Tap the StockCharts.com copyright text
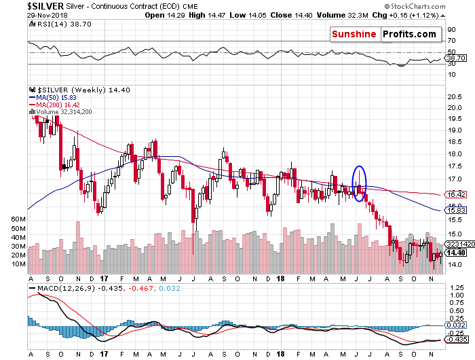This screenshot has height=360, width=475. (x=435, y=6)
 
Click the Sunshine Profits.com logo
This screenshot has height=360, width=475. (x=383, y=34)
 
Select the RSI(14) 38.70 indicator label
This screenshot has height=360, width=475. (x=54, y=24)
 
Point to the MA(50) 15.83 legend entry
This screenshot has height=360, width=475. (x=54, y=97)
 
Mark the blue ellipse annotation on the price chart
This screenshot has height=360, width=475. (x=360, y=181)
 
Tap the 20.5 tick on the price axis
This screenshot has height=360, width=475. (x=454, y=96)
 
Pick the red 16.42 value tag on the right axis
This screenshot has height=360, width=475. (x=455, y=194)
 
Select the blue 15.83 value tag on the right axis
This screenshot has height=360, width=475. (x=455, y=211)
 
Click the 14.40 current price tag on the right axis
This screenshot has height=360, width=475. (x=455, y=253)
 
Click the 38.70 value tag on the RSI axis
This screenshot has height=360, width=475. (x=456, y=60)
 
